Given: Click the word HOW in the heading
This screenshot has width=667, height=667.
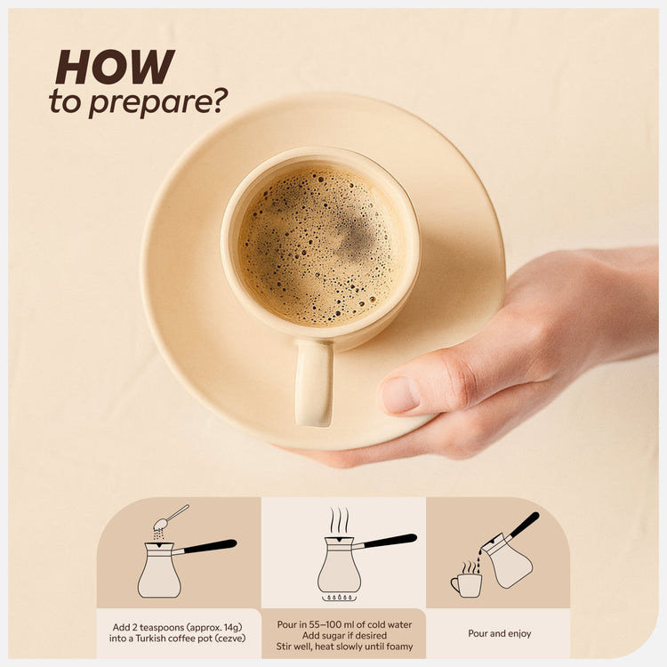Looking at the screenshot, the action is click(115, 67).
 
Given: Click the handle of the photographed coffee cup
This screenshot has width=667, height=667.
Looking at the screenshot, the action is click(314, 382).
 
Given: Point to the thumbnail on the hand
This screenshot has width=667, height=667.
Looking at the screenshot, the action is click(401, 394).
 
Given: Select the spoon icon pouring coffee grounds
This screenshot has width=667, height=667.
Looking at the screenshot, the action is click(171, 516).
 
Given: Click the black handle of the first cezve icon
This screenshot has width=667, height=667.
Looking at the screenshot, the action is click(210, 547).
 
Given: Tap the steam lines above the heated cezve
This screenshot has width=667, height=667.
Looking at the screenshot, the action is click(340, 520).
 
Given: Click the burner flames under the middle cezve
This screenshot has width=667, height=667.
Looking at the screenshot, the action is click(339, 598).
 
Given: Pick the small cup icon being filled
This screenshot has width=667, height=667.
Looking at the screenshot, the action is click(467, 583).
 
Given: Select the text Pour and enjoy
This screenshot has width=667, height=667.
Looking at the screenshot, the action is click(500, 633).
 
